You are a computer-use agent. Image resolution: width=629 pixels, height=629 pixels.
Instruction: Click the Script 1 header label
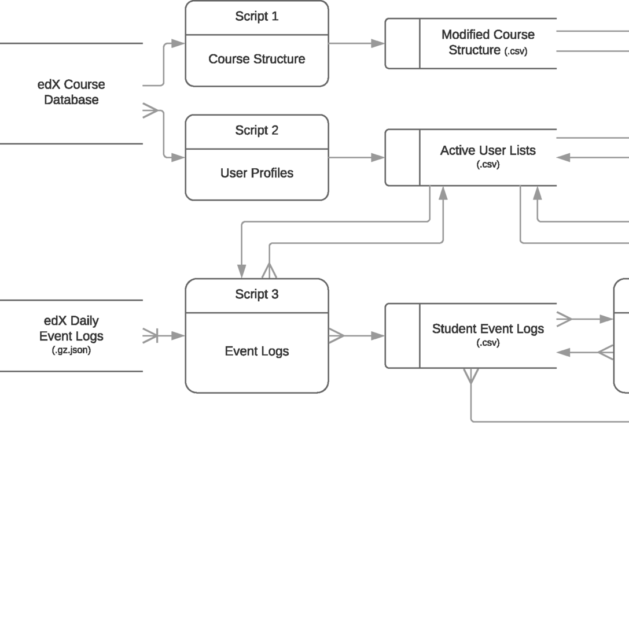click(x=256, y=17)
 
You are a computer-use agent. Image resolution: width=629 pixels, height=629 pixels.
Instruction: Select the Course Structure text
click(x=256, y=60)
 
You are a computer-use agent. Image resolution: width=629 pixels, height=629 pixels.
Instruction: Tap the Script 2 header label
click(x=256, y=131)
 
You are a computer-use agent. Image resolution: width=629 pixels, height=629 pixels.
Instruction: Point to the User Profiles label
click(x=256, y=173)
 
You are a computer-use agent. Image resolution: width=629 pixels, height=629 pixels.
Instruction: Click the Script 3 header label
click(x=256, y=294)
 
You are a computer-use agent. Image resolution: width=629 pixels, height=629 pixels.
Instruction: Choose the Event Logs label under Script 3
click(x=256, y=351)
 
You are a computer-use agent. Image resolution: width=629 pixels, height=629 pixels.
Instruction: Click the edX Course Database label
click(x=71, y=92)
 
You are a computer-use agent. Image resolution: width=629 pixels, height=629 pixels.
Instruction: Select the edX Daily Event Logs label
click(x=71, y=328)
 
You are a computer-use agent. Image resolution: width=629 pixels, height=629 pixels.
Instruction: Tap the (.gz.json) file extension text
click(x=71, y=350)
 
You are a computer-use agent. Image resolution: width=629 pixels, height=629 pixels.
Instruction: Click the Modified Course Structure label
click(x=488, y=42)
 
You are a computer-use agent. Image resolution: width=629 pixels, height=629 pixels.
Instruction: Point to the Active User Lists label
click(x=488, y=151)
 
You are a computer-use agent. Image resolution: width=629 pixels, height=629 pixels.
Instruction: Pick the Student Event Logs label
click(x=488, y=329)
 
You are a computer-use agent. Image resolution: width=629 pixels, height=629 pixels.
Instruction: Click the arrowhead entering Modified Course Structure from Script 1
click(x=378, y=43)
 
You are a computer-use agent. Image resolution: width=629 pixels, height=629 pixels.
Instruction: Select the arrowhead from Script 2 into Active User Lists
click(x=378, y=157)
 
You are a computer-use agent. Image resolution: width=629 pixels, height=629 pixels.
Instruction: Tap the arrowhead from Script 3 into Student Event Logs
click(x=378, y=336)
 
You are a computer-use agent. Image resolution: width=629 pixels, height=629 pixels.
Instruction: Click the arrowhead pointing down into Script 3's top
click(x=242, y=271)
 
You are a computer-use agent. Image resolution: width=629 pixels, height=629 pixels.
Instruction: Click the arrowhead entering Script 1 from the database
click(x=178, y=43)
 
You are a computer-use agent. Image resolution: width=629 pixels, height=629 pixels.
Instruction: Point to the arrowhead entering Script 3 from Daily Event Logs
click(x=178, y=336)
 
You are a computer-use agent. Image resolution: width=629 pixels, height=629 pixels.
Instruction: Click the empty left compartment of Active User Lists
click(x=403, y=157)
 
